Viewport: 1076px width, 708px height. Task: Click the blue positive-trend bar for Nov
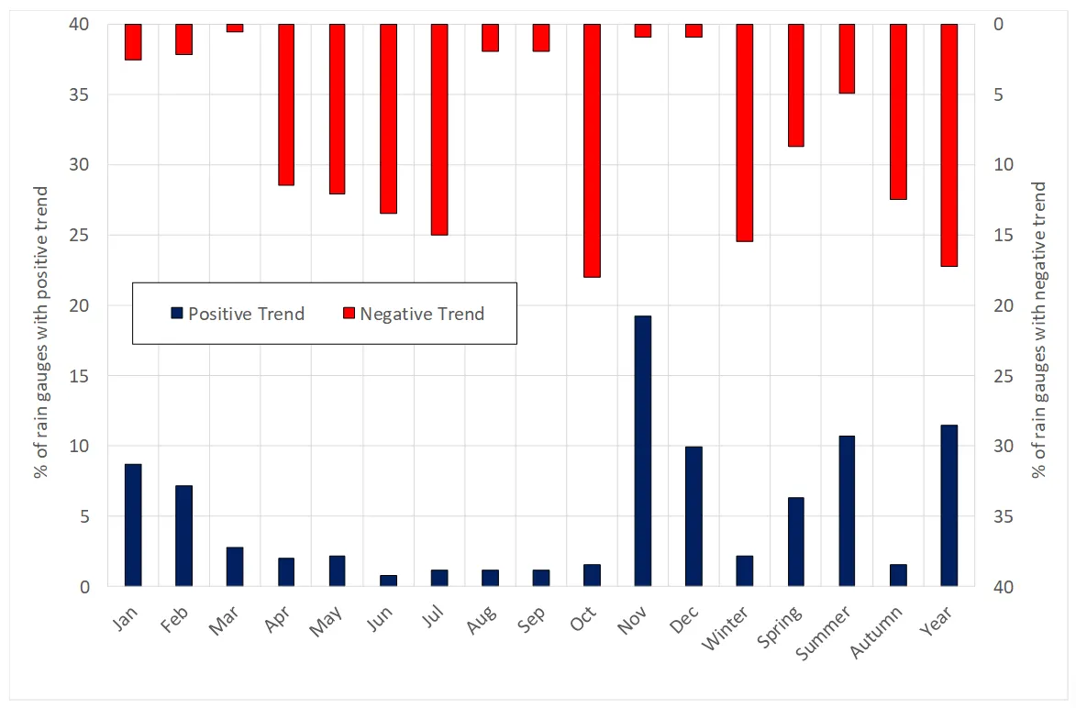pyautogui.click(x=642, y=450)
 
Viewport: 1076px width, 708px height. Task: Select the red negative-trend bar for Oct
pyautogui.click(x=592, y=150)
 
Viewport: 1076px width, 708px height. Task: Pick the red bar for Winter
pyautogui.click(x=744, y=133)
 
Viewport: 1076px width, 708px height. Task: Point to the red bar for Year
pyautogui.click(x=948, y=145)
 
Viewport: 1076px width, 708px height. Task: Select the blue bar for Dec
pyautogui.click(x=693, y=516)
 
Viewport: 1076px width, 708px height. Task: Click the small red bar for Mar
pyautogui.click(x=235, y=28)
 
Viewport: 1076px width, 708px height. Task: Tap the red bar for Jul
pyautogui.click(x=438, y=129)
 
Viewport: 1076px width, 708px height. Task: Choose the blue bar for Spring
pyautogui.click(x=795, y=541)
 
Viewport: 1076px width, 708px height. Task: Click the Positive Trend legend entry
pyautogui.click(x=238, y=314)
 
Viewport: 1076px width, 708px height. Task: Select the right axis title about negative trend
pyautogui.click(x=1038, y=330)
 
